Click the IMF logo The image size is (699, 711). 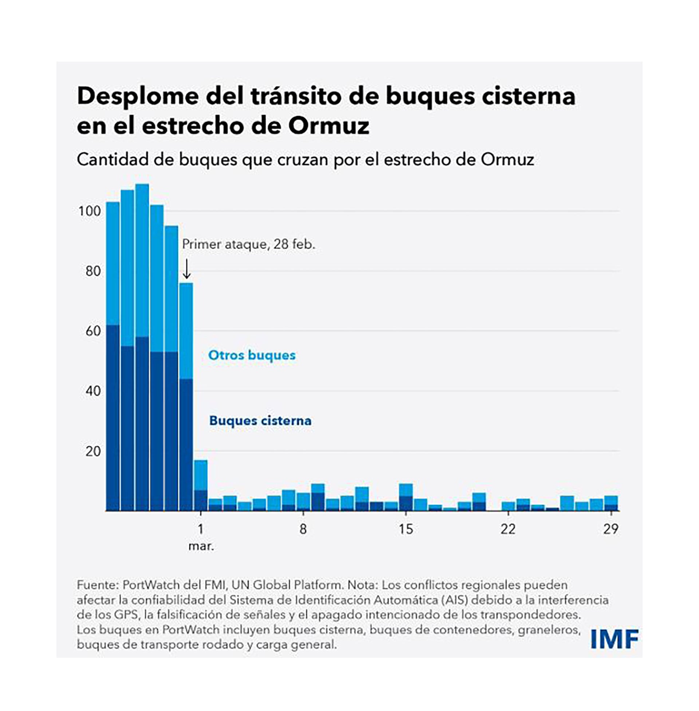click(614, 639)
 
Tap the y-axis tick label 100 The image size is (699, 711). click(89, 212)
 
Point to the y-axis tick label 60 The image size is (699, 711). click(93, 331)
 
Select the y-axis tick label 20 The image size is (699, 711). click(93, 451)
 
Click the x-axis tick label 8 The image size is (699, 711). click(303, 529)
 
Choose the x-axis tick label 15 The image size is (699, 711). click(406, 529)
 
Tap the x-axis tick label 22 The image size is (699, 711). click(508, 529)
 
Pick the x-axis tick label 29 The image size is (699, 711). click(611, 529)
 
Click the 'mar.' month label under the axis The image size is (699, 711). click(201, 546)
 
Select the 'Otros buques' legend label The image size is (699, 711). click(252, 355)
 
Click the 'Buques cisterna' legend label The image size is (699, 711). click(260, 420)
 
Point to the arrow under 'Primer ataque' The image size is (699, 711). click(186, 269)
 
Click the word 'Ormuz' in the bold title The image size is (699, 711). click(329, 126)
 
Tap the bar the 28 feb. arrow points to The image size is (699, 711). click(186, 396)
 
